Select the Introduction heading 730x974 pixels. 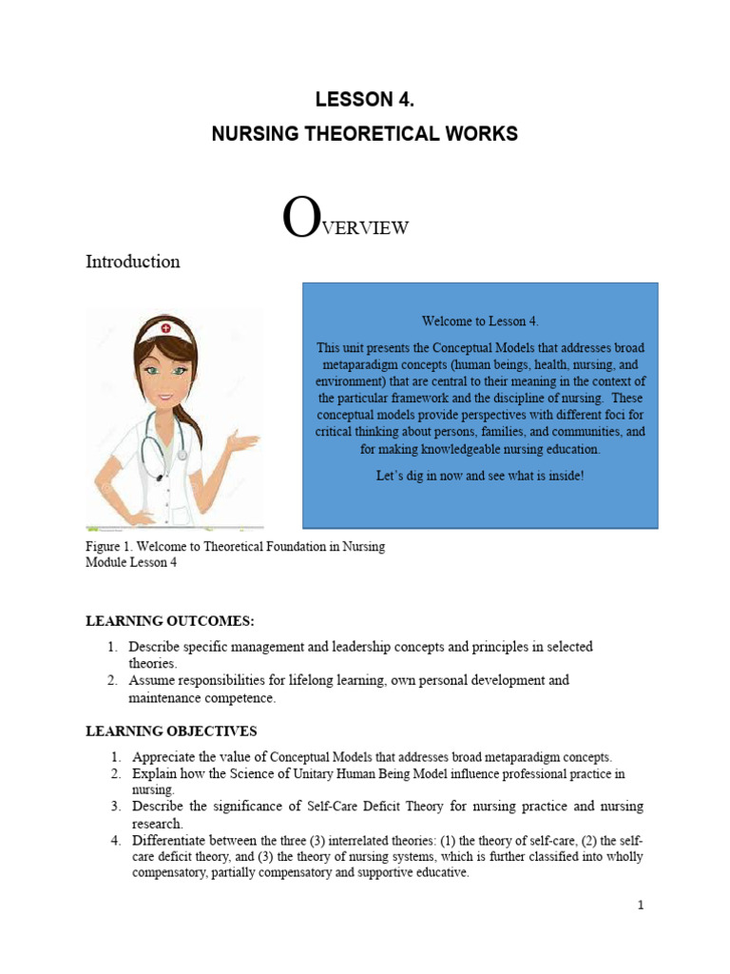pyautogui.click(x=133, y=262)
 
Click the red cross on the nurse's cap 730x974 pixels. pyautogui.click(x=167, y=328)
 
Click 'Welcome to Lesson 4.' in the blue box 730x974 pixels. pyautogui.click(x=480, y=321)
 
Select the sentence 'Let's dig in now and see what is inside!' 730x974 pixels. pyautogui.click(x=480, y=475)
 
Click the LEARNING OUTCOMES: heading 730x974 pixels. pyautogui.click(x=170, y=621)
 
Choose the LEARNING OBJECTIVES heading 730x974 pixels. pyautogui.click(x=171, y=730)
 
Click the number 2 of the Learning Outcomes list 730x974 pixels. pyautogui.click(x=111, y=681)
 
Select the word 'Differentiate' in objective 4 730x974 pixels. pyautogui.click(x=169, y=841)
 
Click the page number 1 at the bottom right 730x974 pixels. pyautogui.click(x=641, y=906)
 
